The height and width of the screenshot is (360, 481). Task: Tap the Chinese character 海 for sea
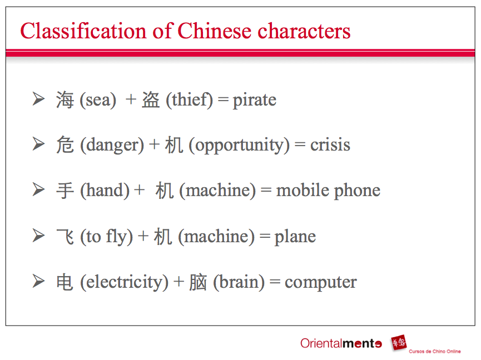[65, 101]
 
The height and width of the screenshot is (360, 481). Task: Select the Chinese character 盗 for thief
[151, 101]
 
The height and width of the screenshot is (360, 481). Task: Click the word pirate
[254, 101]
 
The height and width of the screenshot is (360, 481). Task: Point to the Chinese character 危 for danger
[65, 146]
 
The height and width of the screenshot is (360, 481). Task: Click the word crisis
[330, 146]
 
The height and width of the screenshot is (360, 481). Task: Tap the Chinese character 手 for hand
[65, 191]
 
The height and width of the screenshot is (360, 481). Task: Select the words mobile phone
[328, 191]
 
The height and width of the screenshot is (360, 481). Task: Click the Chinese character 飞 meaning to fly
[65, 237]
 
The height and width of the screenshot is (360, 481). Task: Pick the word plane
[295, 237]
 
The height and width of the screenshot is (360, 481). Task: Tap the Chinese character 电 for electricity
[65, 282]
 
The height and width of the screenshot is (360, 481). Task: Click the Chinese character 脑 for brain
[197, 282]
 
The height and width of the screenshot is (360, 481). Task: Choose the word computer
[320, 282]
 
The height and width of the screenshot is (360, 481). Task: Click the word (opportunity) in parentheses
[239, 146]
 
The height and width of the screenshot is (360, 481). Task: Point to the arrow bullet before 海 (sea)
[38, 99]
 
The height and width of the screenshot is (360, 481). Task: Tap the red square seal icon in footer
[398, 343]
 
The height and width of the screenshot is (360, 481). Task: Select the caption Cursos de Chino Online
[434, 351]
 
